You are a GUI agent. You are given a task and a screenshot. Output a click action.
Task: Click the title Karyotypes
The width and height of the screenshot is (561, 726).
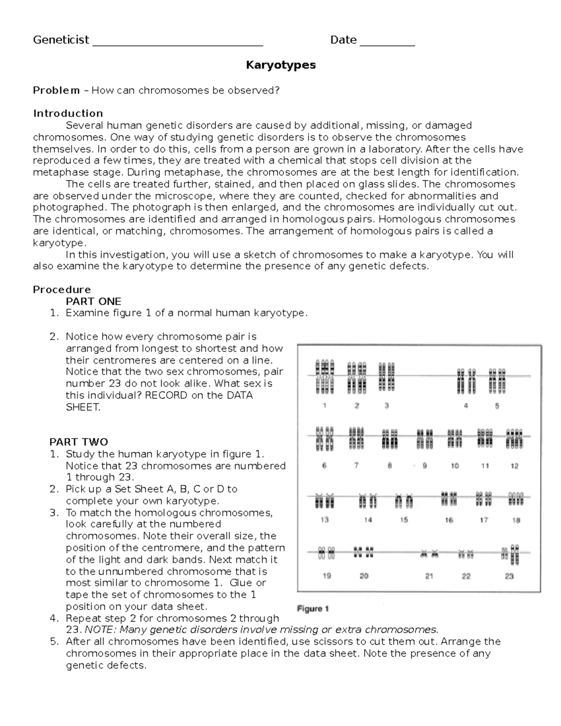[x=280, y=65]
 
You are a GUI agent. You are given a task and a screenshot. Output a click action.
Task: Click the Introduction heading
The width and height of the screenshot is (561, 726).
[x=68, y=114]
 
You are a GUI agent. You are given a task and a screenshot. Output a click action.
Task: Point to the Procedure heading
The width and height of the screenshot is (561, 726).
[x=62, y=289]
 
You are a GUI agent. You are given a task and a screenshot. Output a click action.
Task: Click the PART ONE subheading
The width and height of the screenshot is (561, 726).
[x=93, y=301]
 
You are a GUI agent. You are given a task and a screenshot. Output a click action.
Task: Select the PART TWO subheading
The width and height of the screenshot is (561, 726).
[x=79, y=442]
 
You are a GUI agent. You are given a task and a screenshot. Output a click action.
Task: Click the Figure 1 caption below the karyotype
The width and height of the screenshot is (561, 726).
[x=313, y=609]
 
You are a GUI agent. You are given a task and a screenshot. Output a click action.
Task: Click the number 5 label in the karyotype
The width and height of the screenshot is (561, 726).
[x=497, y=406]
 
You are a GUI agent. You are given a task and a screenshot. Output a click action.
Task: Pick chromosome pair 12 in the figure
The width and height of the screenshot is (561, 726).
[x=514, y=438]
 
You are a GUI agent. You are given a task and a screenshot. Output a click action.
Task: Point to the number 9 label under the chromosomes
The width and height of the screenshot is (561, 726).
[x=424, y=466]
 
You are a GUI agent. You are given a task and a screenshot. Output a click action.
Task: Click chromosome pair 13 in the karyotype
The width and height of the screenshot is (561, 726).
[x=324, y=501]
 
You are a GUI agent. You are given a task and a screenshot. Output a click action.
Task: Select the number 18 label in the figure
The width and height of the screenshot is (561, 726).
[x=516, y=520]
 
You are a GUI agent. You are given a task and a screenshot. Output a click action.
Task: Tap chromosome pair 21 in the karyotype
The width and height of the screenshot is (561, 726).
[x=429, y=554]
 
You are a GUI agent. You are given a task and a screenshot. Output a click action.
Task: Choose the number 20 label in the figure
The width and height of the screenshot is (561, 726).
[x=364, y=576]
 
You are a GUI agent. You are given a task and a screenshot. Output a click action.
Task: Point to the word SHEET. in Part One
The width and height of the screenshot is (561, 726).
[x=83, y=407]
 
